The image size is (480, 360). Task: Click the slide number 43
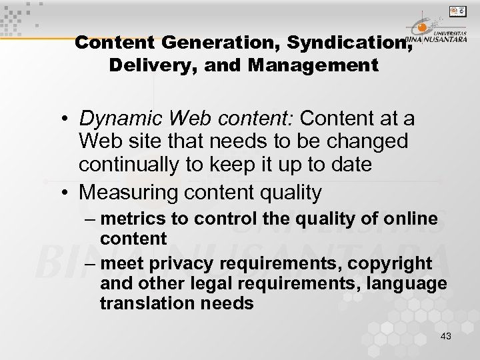pyautogui.click(x=445, y=336)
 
